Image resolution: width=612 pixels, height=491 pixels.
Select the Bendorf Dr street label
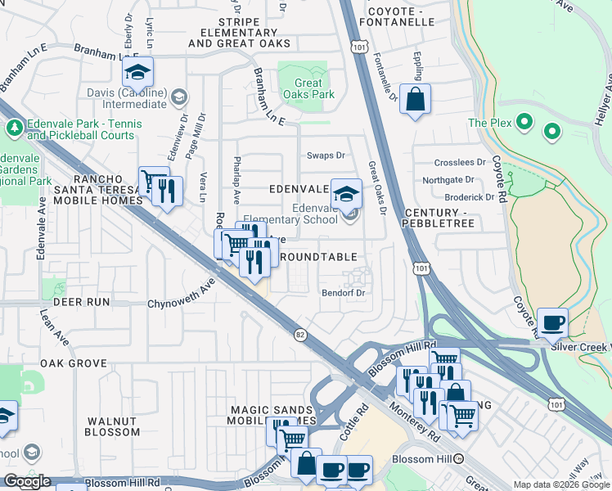[342, 292]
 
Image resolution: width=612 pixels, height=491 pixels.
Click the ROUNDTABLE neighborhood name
[318, 257]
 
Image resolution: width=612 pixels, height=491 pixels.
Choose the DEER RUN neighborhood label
[81, 302]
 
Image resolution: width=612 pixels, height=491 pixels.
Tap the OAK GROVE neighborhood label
[74, 363]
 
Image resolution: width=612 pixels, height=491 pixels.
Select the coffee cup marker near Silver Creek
[553, 322]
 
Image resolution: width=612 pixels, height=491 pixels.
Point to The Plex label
[488, 123]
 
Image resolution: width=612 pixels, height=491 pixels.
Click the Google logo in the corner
[28, 481]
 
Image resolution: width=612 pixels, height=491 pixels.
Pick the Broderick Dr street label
[469, 197]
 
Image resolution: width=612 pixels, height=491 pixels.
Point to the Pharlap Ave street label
[236, 181]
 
